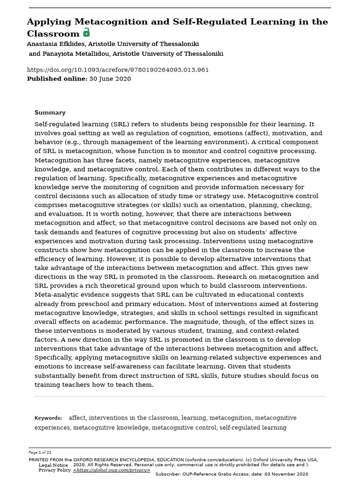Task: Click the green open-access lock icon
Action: point(86,32)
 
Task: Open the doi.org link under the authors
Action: point(118,70)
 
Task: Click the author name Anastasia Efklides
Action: point(56,44)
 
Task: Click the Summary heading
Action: point(50,113)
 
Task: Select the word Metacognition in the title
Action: point(101,22)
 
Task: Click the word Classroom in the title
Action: point(53,34)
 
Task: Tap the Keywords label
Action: point(48,418)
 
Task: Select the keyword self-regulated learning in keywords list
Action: point(253,427)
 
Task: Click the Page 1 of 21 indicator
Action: point(40,453)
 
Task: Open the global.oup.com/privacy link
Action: point(112,470)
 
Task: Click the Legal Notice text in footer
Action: point(53,465)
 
